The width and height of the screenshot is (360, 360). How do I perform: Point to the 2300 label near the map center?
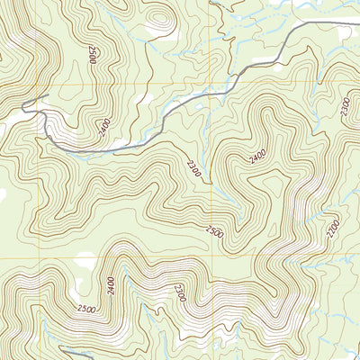tap(192, 167)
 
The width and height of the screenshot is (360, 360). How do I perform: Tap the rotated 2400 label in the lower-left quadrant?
tap(110, 287)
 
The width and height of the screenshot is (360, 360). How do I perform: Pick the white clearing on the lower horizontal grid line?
tap(85, 261)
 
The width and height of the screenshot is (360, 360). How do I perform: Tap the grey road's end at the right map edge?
tap(357, 21)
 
